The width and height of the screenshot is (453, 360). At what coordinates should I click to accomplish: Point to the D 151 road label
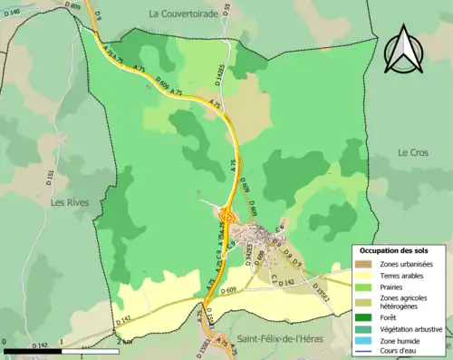click(51, 176)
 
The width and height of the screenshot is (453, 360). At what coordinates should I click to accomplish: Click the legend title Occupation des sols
click(394, 250)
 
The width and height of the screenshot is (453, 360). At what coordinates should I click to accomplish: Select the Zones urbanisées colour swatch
click(362, 264)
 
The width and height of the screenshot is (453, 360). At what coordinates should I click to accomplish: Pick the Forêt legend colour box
click(362, 316)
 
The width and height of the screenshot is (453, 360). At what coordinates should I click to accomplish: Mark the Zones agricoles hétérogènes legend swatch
click(362, 302)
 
